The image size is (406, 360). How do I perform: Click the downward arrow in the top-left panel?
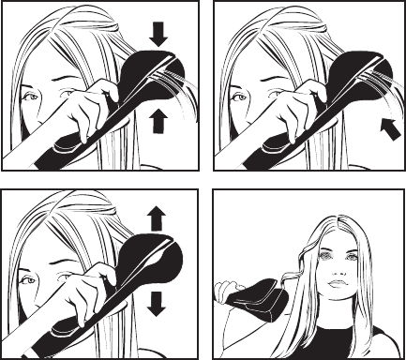(158, 35)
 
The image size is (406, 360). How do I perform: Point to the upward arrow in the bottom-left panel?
(158, 219)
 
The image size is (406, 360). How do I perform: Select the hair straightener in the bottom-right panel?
(258, 298)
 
